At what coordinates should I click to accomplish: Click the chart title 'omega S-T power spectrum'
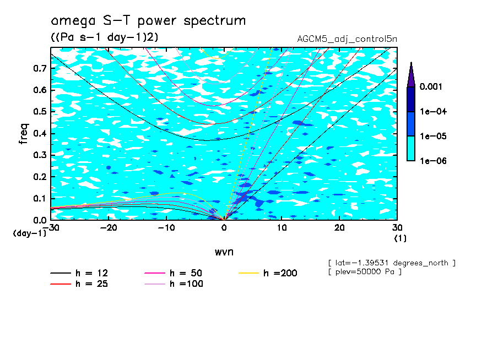click(148, 21)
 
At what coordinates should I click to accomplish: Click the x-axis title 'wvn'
click(224, 252)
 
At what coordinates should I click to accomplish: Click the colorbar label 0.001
click(432, 86)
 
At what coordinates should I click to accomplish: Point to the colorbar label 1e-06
click(432, 161)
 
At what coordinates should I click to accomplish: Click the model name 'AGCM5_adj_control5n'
click(347, 40)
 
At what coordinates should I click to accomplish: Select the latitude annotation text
click(391, 263)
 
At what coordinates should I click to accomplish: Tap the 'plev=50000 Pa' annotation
click(364, 272)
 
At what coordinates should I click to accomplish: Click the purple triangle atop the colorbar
click(411, 74)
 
